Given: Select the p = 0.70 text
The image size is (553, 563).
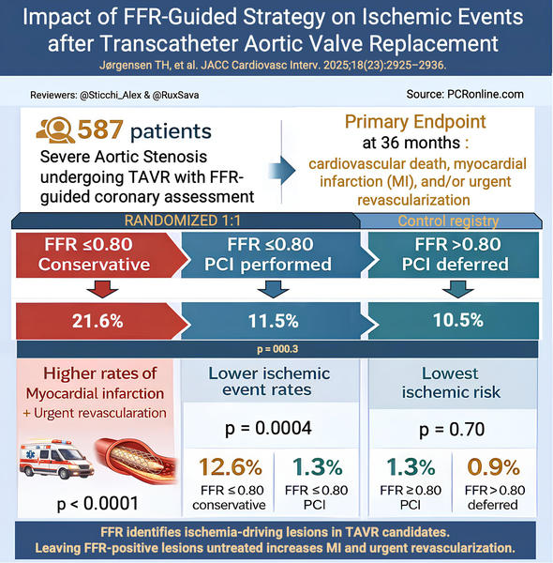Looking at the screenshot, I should [453, 430].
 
